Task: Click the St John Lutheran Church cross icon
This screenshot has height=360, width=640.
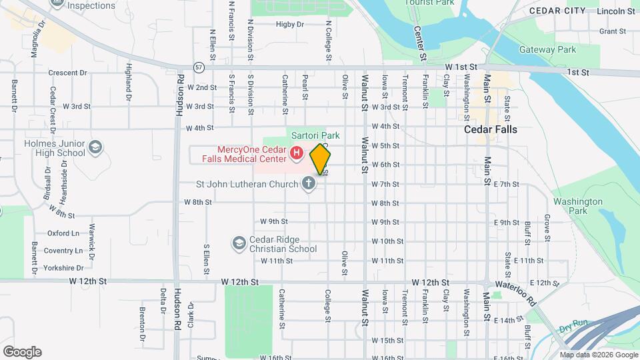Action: pos(308,183)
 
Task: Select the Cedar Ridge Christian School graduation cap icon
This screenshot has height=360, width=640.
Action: pos(239,244)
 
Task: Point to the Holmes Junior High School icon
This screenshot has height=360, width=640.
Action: pos(95,147)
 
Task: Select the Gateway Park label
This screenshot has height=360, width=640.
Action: pos(557,50)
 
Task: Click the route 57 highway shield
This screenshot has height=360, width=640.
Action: pos(199,68)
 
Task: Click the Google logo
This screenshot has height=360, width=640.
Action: pos(21,352)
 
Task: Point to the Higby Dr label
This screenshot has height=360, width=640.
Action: pos(290,25)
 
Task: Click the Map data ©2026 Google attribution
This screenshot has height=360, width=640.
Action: pos(598,355)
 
